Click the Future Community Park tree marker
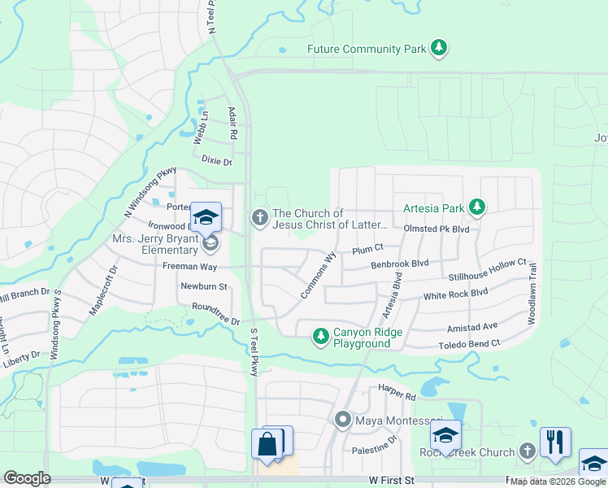439,48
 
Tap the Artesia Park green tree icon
476,208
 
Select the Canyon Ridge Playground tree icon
321,336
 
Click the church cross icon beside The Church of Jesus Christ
259,217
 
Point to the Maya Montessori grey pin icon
342,420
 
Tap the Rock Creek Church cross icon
527,451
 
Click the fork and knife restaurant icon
555,442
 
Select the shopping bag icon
267,445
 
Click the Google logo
27,478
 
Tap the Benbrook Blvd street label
399,264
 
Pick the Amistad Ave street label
472,326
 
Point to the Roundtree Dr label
216,314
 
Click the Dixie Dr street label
215,162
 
